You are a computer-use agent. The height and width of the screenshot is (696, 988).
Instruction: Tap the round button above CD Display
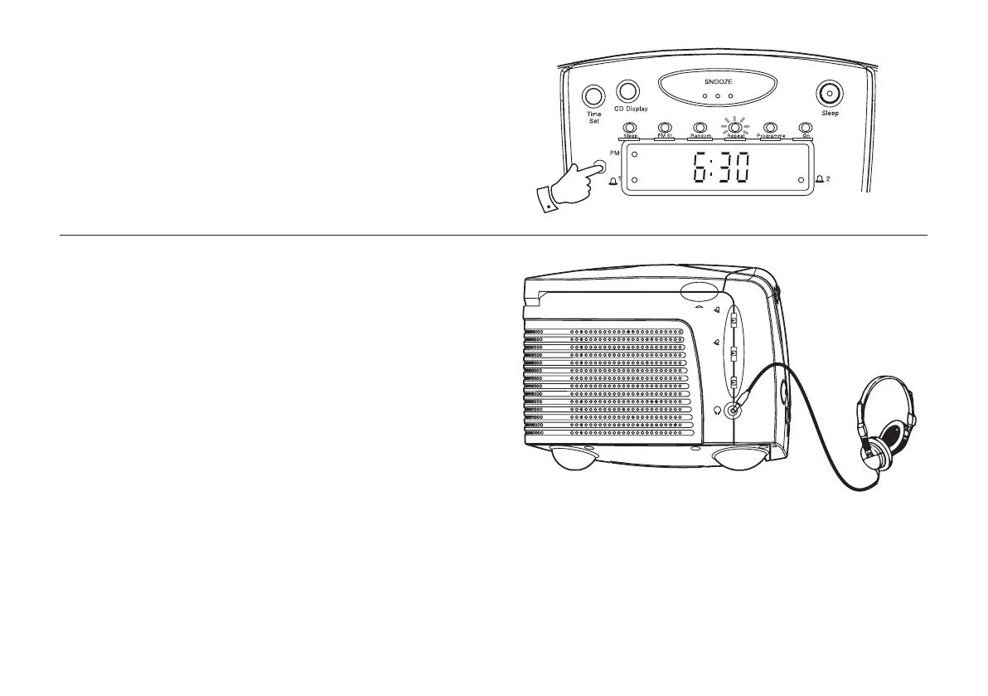[629, 93]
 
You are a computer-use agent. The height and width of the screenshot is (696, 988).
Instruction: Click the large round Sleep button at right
[830, 94]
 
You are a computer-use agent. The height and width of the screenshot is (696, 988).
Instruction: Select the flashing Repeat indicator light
[734, 127]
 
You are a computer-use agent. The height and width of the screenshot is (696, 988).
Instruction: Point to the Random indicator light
[699, 127]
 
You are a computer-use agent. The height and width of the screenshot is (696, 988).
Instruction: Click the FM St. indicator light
[663, 127]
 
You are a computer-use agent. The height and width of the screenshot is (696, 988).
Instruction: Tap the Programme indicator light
[769, 127]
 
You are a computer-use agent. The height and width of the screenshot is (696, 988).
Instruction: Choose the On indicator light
[804, 127]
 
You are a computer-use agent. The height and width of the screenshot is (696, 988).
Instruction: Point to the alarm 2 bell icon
[821, 179]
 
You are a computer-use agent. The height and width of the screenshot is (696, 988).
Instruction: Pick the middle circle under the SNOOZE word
[718, 96]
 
